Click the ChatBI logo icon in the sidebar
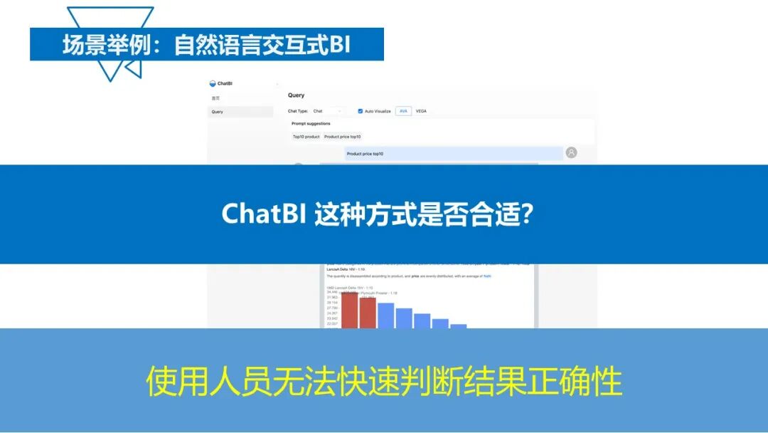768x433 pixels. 213,83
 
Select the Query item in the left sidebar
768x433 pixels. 218,112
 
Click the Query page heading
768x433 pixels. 296,95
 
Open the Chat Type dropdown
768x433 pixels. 328,111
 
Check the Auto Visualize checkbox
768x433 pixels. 361,111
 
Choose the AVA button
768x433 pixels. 403,111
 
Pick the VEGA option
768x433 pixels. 421,111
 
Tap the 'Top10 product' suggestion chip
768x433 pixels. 306,136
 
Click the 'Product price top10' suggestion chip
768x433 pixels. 342,136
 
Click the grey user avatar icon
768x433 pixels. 571,152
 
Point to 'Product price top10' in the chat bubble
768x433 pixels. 365,154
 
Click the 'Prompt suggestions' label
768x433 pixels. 311,124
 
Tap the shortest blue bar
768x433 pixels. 458,326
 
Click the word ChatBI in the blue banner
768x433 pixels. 264,214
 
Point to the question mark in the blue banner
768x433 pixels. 527,214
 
